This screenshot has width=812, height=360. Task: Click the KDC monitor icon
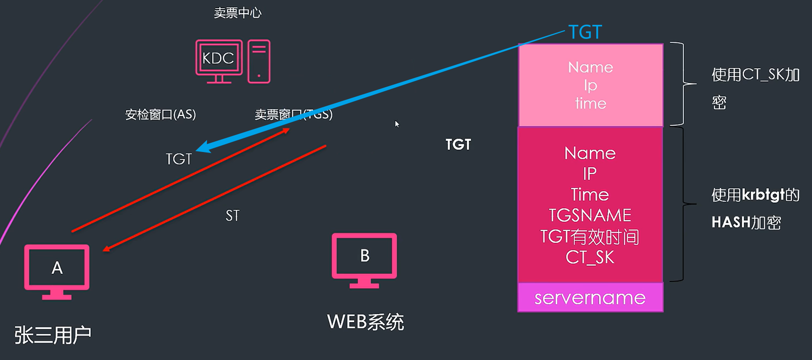[x=219, y=60]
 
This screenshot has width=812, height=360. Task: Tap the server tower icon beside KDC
[x=259, y=61]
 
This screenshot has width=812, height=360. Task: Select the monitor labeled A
[x=57, y=271]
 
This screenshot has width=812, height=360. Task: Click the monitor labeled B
[x=364, y=260]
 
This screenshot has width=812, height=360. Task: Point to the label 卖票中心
[x=238, y=13]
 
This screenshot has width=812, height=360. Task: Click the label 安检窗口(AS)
[x=160, y=114]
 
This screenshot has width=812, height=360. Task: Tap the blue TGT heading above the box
[x=585, y=33]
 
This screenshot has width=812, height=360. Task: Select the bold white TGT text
[x=458, y=145]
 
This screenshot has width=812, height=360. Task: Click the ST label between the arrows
[x=232, y=216]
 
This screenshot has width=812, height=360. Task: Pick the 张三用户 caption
[x=53, y=335]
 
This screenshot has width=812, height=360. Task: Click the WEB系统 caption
[x=365, y=322]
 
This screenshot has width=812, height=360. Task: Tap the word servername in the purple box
[x=590, y=298]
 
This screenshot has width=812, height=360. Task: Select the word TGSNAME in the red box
[x=590, y=215]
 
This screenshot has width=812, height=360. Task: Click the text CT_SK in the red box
[x=590, y=257]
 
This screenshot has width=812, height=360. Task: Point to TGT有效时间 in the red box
[x=590, y=237]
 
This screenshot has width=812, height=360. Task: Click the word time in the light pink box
[x=590, y=104]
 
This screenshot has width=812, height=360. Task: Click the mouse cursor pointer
[x=397, y=124]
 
